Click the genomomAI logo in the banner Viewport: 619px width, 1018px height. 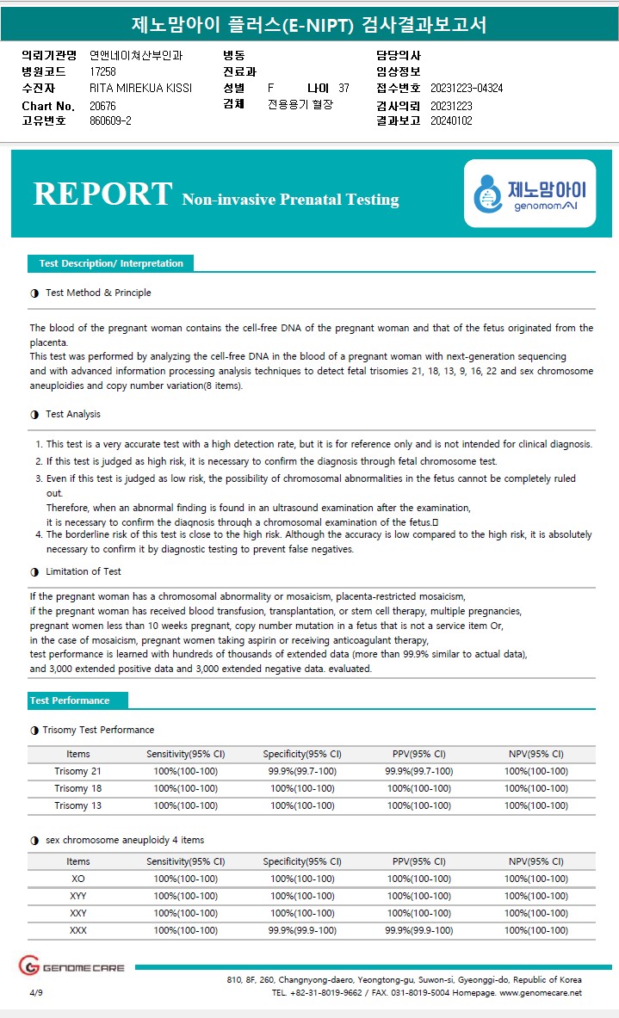529,194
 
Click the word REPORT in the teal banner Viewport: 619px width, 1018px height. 102,194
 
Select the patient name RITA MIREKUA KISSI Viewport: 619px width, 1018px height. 140,88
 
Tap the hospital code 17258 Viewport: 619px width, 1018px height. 102,71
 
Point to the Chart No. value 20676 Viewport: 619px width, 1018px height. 102,105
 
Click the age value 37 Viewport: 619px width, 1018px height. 344,88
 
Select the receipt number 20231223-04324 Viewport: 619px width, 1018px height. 466,88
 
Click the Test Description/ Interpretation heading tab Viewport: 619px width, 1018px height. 111,263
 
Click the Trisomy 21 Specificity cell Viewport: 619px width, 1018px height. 302,771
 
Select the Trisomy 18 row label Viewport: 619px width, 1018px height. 77,788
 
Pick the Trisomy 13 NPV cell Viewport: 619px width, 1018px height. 535,805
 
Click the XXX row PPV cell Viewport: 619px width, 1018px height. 418,930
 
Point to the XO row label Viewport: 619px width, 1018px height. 77,879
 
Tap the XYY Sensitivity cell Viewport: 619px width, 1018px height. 185,896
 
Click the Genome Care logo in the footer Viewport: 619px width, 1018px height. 72,967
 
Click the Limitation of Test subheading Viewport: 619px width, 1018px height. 83,571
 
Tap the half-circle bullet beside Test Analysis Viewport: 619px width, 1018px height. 34,414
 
